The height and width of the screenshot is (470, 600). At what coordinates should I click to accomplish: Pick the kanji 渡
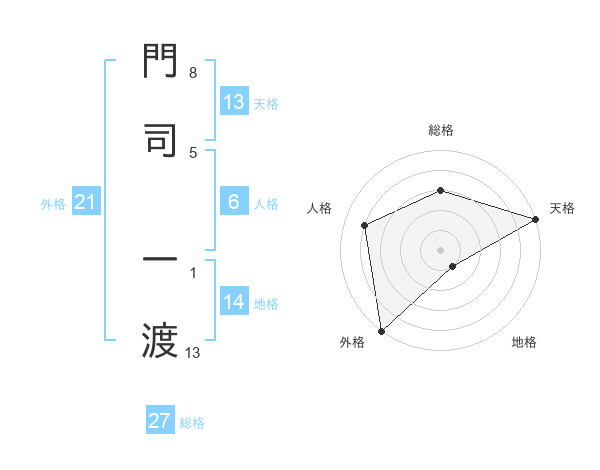tap(161, 340)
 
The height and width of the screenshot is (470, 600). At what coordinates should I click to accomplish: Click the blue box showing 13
tap(234, 102)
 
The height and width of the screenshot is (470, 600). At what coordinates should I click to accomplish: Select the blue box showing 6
tap(234, 203)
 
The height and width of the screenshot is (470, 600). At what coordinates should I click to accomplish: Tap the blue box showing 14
tap(234, 303)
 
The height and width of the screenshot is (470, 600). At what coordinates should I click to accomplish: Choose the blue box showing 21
tap(85, 203)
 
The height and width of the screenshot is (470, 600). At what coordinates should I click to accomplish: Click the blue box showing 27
tap(160, 421)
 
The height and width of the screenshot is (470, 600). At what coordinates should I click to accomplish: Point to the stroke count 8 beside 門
tap(192, 74)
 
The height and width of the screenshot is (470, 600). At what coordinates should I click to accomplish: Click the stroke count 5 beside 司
tap(192, 152)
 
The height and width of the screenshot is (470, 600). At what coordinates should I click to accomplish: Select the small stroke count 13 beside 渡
tap(192, 352)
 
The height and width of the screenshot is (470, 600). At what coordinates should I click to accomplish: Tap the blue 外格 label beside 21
tap(53, 204)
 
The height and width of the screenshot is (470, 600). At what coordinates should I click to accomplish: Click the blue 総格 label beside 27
tap(192, 423)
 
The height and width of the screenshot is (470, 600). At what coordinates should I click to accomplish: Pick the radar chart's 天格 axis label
tap(563, 208)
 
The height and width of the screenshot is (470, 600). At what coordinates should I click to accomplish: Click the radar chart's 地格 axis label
tap(524, 342)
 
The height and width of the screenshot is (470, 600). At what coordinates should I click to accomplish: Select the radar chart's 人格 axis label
tap(320, 208)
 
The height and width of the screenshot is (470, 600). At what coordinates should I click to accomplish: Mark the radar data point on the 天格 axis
tap(536, 220)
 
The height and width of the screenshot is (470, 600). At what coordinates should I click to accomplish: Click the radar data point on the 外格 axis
tap(381, 330)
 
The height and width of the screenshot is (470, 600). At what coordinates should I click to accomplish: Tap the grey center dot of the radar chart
tap(440, 249)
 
